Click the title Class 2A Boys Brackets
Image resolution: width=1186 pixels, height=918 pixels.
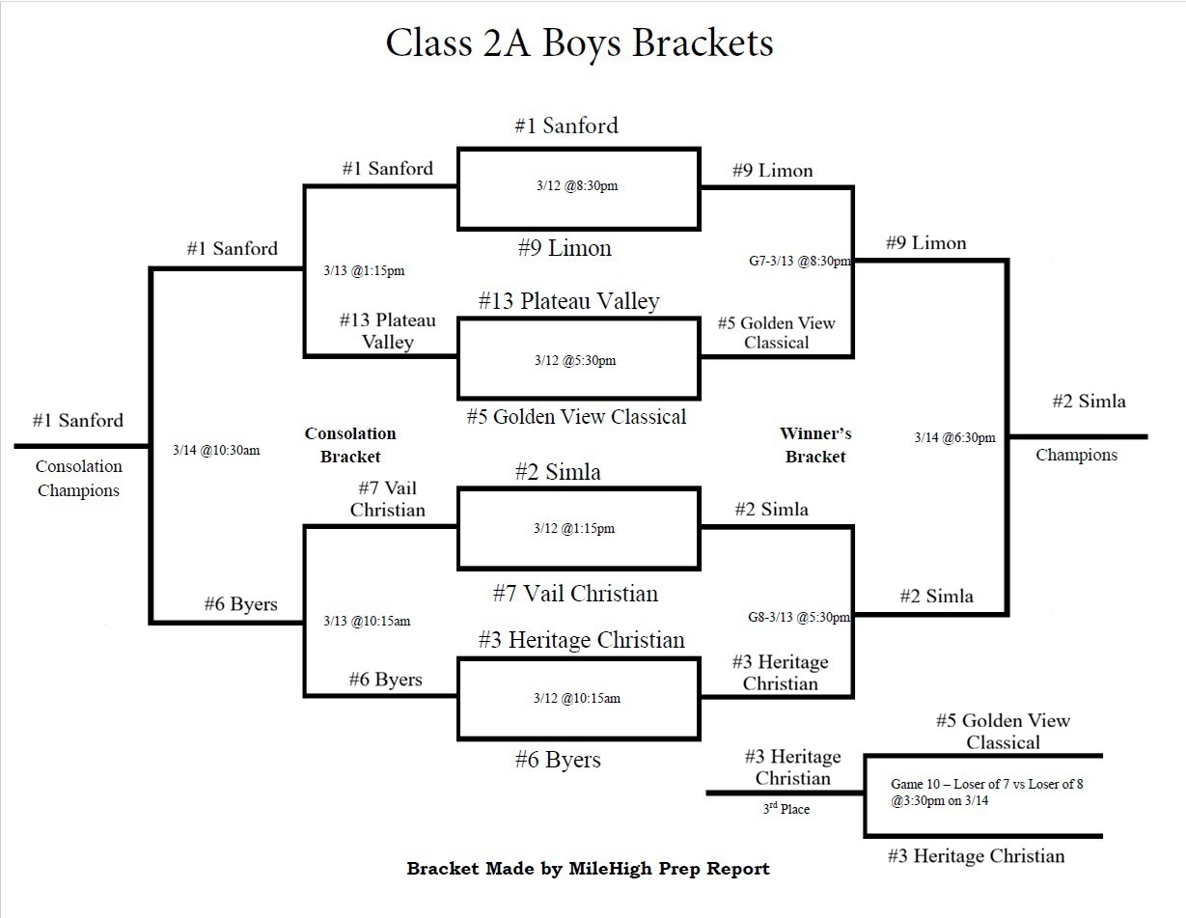[579, 43]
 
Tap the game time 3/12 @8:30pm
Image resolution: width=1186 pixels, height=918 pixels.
[576, 186]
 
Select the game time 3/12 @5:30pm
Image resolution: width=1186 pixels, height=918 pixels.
[576, 361]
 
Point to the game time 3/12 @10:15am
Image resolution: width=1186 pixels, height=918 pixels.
[576, 698]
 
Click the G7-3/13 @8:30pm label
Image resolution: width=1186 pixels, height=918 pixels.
[799, 261]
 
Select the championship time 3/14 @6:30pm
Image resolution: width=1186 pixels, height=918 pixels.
[954, 437]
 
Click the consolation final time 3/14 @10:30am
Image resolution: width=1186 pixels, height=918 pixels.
[217, 450]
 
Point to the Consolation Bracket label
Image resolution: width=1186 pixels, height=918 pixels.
[350, 445]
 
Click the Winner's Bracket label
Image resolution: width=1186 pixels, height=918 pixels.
[815, 445]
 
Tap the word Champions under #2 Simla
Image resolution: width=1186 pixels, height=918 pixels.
[1076, 455]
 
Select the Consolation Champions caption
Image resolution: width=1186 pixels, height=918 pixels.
[78, 478]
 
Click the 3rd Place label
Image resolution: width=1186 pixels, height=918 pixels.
[786, 809]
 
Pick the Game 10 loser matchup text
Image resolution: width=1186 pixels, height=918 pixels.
[986, 792]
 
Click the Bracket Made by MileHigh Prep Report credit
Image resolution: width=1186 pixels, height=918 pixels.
[588, 869]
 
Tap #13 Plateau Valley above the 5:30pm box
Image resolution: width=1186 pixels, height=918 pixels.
[568, 301]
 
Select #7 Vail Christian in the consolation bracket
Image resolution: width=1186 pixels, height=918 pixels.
[387, 499]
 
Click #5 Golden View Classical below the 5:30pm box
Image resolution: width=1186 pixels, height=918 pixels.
[576, 417]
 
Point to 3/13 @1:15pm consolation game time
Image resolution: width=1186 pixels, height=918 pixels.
[364, 271]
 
